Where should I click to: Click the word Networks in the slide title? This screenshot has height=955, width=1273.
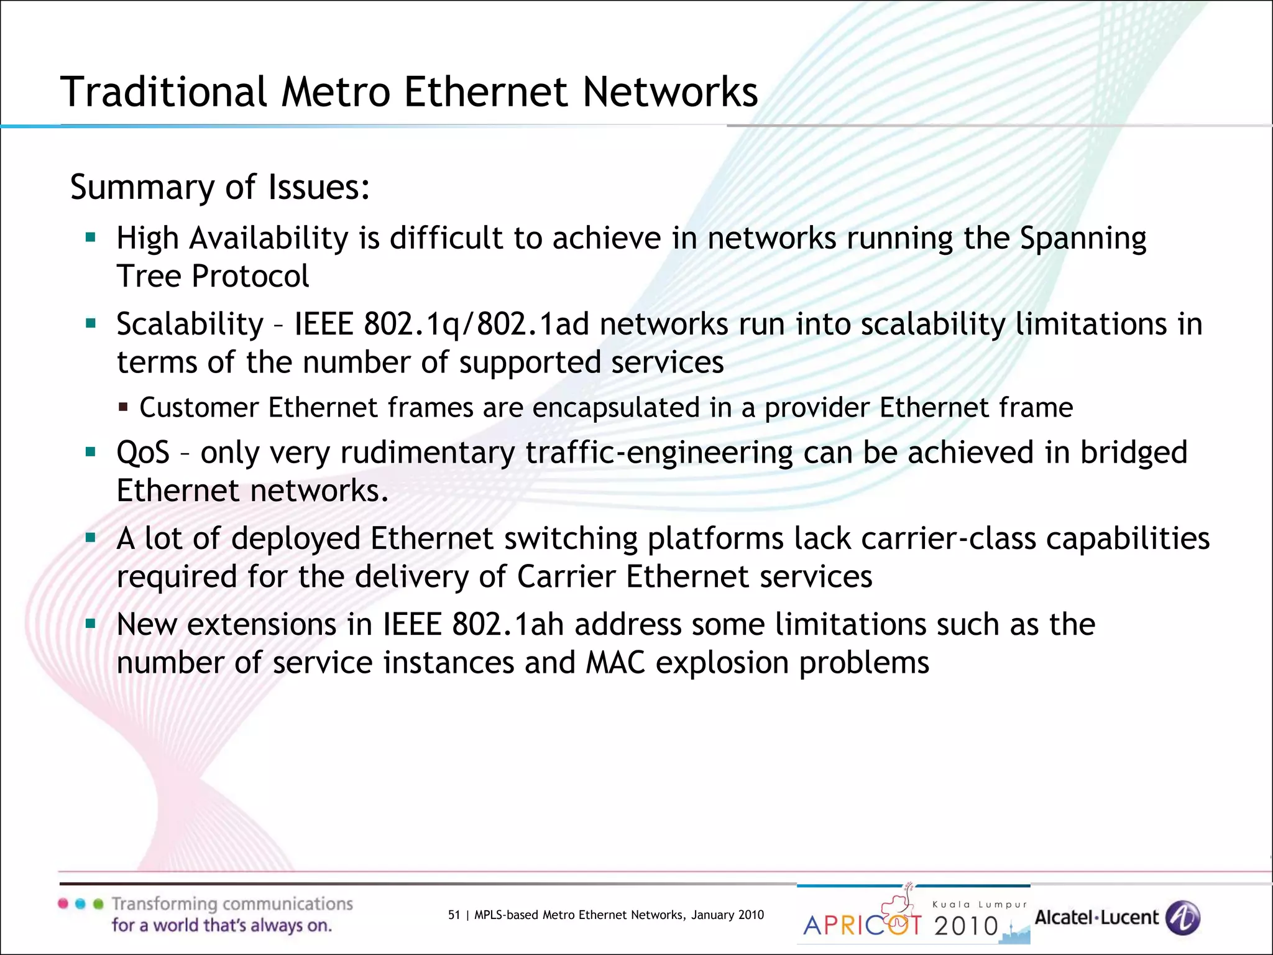[x=670, y=92]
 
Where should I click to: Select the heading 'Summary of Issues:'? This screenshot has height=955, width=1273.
[x=220, y=187]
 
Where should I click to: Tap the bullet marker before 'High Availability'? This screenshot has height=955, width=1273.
[x=91, y=237]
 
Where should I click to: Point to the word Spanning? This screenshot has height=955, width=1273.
[x=1083, y=239]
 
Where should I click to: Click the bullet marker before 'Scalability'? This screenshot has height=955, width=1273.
[x=91, y=323]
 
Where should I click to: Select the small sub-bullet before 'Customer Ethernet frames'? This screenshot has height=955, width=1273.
[x=123, y=408]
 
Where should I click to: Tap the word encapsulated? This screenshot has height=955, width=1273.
[x=616, y=408]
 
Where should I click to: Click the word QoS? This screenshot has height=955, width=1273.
[x=143, y=453]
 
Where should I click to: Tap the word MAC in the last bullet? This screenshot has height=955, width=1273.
[x=615, y=663]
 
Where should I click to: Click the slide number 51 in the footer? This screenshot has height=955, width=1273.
[x=454, y=915]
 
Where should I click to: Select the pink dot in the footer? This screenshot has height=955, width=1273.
[x=63, y=903]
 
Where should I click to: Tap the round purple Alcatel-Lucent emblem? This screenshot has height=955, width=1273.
[x=1182, y=918]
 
